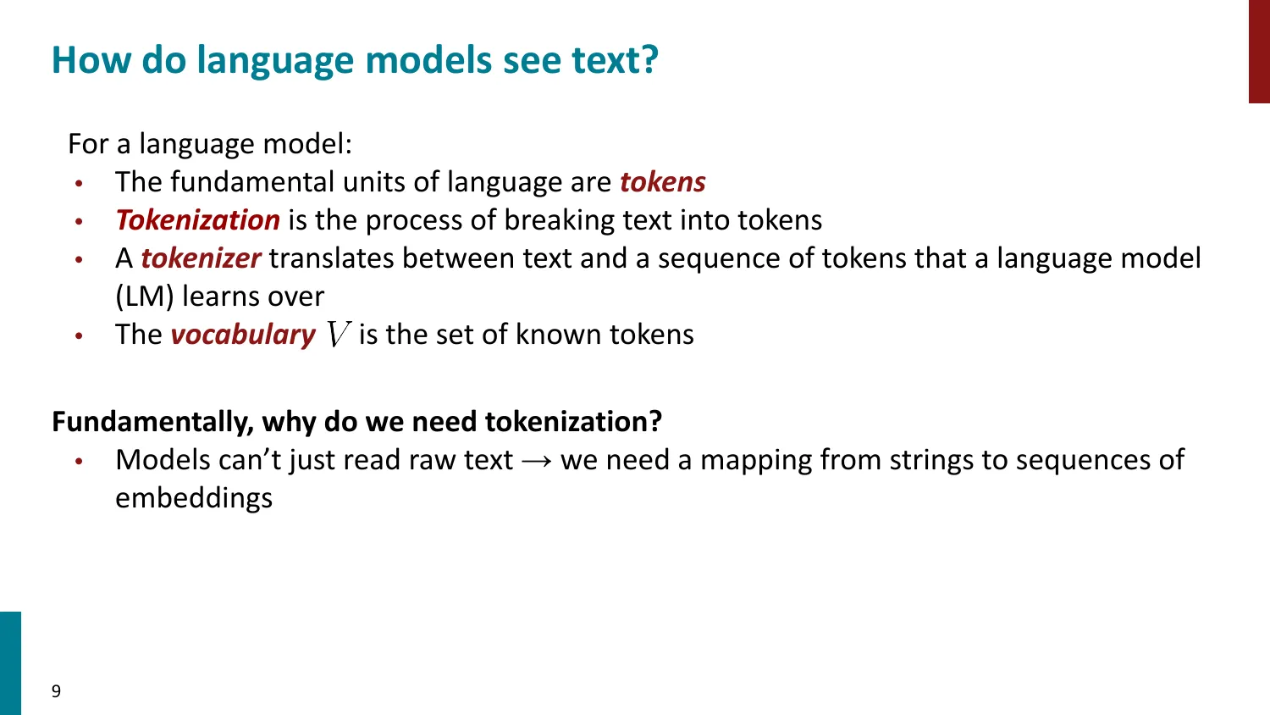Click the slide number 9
[x=56, y=691]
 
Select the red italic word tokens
[x=662, y=182]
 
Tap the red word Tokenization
[x=197, y=220]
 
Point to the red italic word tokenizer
[x=200, y=258]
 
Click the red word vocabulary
[x=242, y=335]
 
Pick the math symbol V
[x=337, y=335]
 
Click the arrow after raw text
[x=537, y=461]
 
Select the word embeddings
[x=194, y=498]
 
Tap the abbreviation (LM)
[x=145, y=297]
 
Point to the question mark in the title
[x=649, y=61]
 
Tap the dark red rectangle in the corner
[x=1259, y=51]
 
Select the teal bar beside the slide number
[x=10, y=662]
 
